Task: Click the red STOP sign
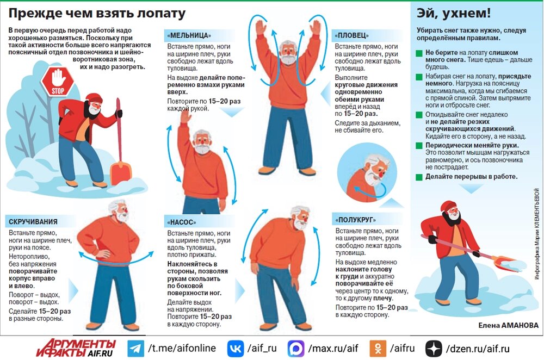pyautogui.click(x=58, y=82)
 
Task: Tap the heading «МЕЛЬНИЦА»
pyautogui.click(x=189, y=35)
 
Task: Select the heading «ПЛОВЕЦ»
pyautogui.click(x=351, y=35)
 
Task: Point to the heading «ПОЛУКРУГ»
pyautogui.click(x=355, y=220)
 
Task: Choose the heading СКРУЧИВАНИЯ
pyautogui.click(x=33, y=222)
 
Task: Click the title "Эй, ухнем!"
pyautogui.click(x=454, y=13)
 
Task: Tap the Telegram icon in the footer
pyautogui.click(x=135, y=348)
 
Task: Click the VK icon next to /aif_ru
pyautogui.click(x=236, y=348)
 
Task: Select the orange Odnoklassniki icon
pyautogui.click(x=378, y=348)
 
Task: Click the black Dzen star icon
pyautogui.click(x=434, y=348)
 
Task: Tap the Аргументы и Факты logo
pyautogui.click(x=76, y=348)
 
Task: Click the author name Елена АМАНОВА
pyautogui.click(x=508, y=325)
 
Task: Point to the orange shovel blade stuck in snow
pyautogui.click(x=120, y=173)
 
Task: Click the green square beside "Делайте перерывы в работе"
pyautogui.click(x=419, y=177)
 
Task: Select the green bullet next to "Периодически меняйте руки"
pyautogui.click(x=419, y=146)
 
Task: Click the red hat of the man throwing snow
pyautogui.click(x=448, y=206)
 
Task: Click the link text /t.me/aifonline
pyautogui.click(x=182, y=348)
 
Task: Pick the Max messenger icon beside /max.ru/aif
pyautogui.click(x=296, y=348)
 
